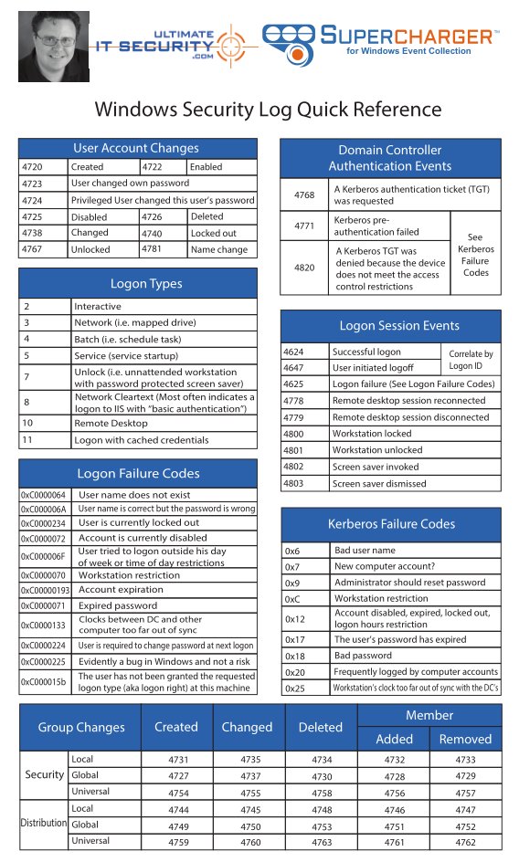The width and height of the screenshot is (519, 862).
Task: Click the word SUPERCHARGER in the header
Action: tap(408, 36)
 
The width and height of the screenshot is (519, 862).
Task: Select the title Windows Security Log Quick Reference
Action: tap(268, 110)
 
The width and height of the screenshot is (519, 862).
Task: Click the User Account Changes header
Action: tap(135, 148)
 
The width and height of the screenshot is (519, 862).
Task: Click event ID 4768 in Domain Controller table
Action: tap(303, 194)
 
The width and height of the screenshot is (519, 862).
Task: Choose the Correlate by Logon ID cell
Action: tap(471, 359)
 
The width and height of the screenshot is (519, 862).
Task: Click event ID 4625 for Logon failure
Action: tap(295, 384)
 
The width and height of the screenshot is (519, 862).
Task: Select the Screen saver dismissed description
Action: tap(378, 483)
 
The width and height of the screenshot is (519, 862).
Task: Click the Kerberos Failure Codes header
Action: tap(390, 524)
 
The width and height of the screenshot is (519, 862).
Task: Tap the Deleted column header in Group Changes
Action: tap(320, 727)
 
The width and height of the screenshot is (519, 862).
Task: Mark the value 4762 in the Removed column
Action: tap(465, 841)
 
